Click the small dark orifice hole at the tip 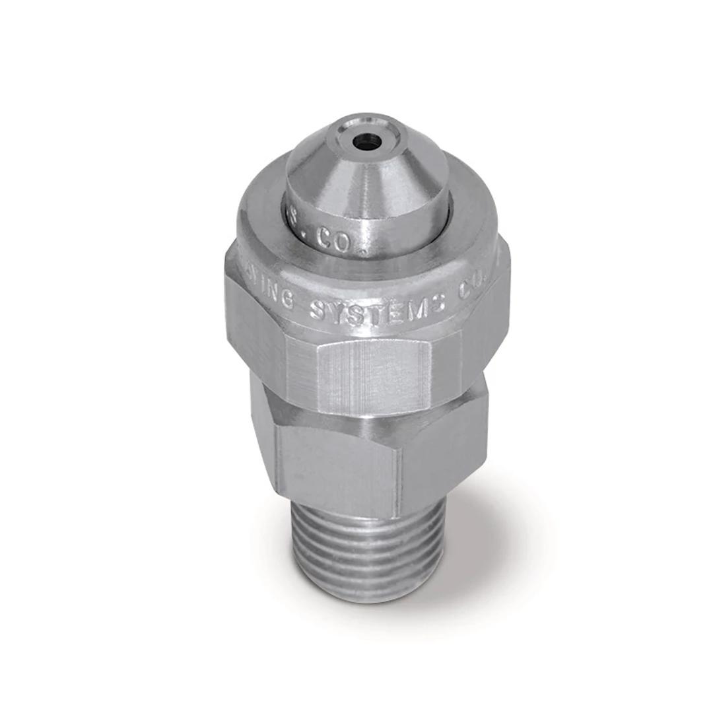pos(367,141)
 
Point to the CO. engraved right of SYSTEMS pos(474,288)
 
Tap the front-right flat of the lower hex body pos(442,456)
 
